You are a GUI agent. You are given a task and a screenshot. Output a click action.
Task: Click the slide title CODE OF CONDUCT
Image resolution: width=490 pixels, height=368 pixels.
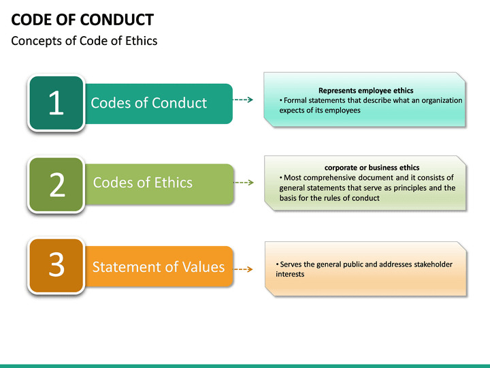coord(82,20)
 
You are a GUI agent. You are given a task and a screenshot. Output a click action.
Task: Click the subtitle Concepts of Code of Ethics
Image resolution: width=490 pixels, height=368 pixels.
coord(84,41)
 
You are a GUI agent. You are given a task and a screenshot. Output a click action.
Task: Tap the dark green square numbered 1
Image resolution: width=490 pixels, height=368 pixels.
coord(56,103)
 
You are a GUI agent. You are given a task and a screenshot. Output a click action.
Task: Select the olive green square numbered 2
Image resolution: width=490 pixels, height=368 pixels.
coord(56,185)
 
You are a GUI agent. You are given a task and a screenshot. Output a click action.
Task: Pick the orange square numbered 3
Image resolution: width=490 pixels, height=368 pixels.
coord(56,266)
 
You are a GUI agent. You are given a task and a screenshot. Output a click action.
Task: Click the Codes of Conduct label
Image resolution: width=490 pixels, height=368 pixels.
coord(149,103)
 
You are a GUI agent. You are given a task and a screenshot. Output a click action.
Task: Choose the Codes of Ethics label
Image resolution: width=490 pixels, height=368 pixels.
coord(143,183)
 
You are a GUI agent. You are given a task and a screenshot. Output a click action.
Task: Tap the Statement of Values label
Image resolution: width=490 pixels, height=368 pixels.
coord(159,267)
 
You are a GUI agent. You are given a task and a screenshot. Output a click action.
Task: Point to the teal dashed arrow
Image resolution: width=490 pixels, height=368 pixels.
coord(243,99)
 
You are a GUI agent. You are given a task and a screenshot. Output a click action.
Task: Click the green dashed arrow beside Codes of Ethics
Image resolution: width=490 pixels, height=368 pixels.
coord(244,182)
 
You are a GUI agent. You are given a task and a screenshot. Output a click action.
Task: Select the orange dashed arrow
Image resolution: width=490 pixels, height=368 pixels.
coord(243,269)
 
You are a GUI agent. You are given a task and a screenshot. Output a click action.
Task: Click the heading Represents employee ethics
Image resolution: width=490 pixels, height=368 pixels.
coord(366,91)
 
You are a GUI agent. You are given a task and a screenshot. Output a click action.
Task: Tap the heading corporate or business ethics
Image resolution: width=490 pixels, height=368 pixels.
coord(372,168)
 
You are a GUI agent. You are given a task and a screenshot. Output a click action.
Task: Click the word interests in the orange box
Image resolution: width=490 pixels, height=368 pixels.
coord(290,274)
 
